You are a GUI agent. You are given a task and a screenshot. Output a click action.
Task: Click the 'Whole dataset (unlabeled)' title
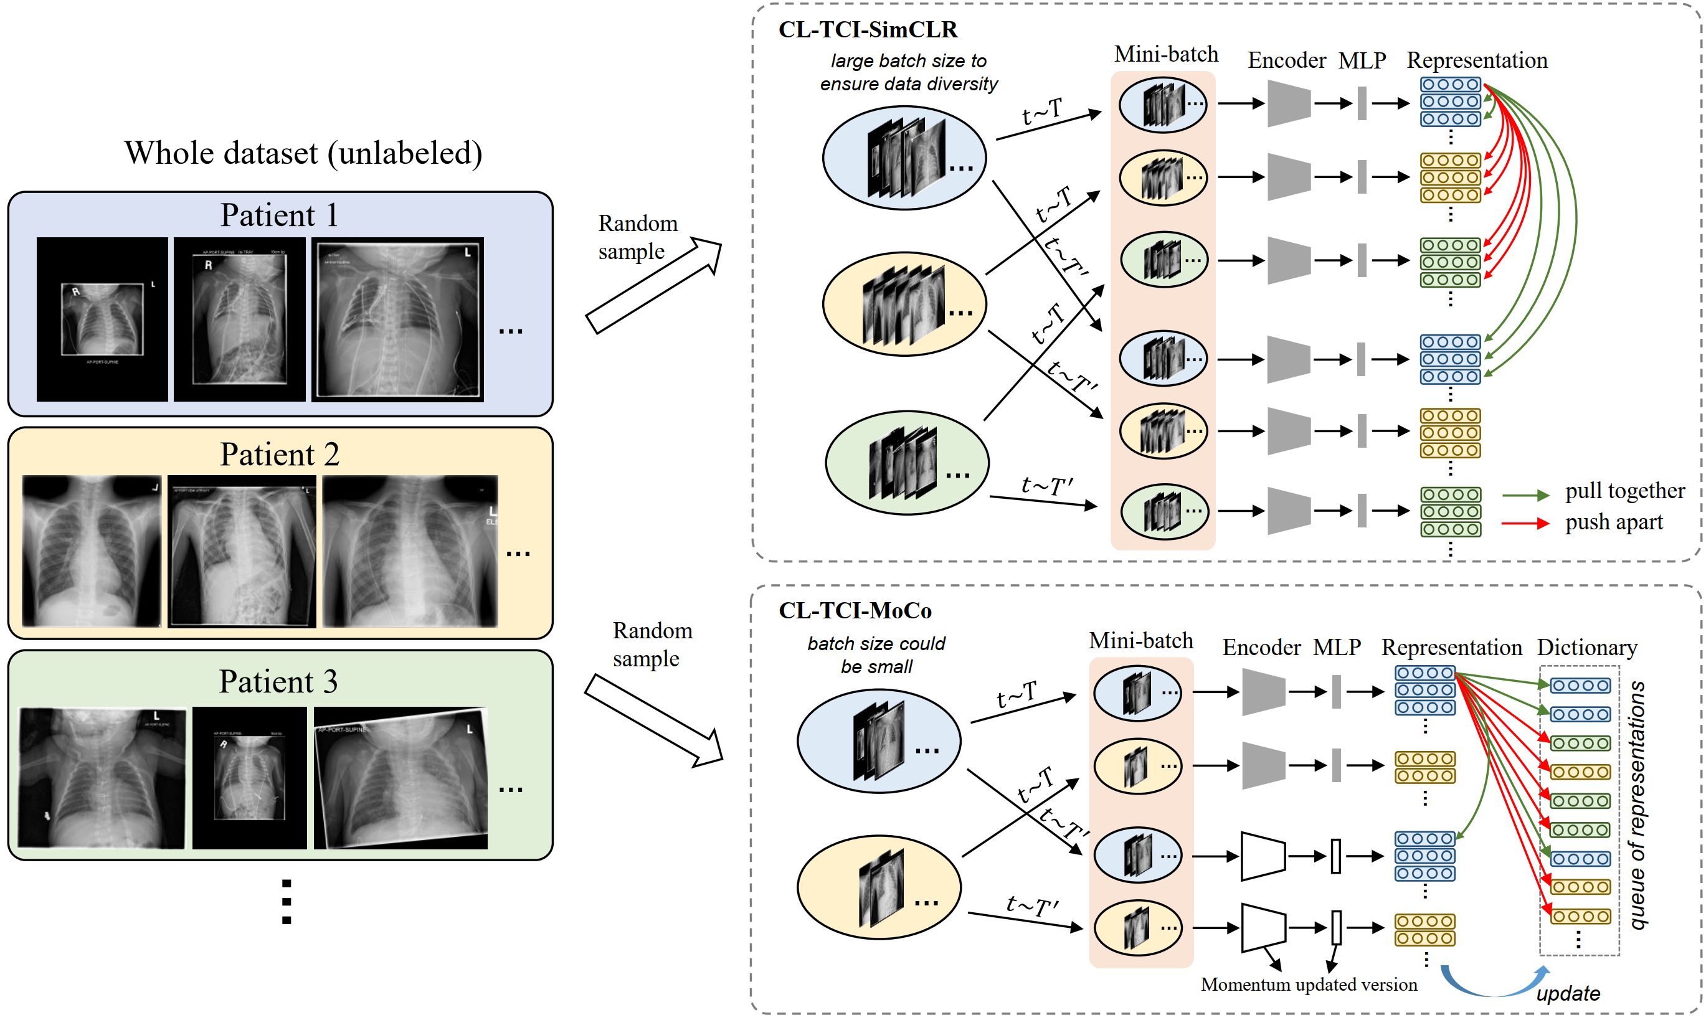pyautogui.click(x=303, y=153)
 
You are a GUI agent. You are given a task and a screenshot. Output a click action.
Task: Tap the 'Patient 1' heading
pyautogui.click(x=279, y=215)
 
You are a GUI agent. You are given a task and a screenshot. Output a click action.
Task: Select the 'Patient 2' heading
pyautogui.click(x=279, y=455)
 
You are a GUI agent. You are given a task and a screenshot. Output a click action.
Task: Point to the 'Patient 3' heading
pyautogui.click(x=278, y=682)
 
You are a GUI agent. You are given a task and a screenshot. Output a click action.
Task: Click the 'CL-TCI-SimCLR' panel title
pyautogui.click(x=868, y=29)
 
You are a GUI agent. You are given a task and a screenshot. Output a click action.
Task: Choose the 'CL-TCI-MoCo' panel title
pyautogui.click(x=855, y=610)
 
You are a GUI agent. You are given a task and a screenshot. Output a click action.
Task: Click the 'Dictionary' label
pyautogui.click(x=1586, y=648)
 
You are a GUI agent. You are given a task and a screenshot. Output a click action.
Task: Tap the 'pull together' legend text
pyautogui.click(x=1624, y=491)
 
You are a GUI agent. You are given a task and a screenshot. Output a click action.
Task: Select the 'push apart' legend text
pyautogui.click(x=1613, y=522)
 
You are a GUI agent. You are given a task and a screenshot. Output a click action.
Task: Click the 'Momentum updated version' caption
pyautogui.click(x=1308, y=985)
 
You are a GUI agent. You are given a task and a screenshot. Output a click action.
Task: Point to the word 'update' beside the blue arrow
pyautogui.click(x=1568, y=994)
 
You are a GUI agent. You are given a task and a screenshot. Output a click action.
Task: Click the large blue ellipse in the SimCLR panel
pyautogui.click(x=904, y=158)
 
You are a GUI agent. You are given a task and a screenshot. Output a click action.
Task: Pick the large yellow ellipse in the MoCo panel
pyautogui.click(x=878, y=887)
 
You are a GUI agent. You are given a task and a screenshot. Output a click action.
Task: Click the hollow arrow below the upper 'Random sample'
pyautogui.click(x=653, y=286)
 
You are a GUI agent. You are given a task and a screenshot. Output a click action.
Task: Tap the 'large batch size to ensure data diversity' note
pyautogui.click(x=908, y=72)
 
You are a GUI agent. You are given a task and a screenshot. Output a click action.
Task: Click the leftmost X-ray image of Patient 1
pyautogui.click(x=102, y=319)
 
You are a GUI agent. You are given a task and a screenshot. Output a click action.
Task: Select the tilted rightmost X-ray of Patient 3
pyautogui.click(x=400, y=778)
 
